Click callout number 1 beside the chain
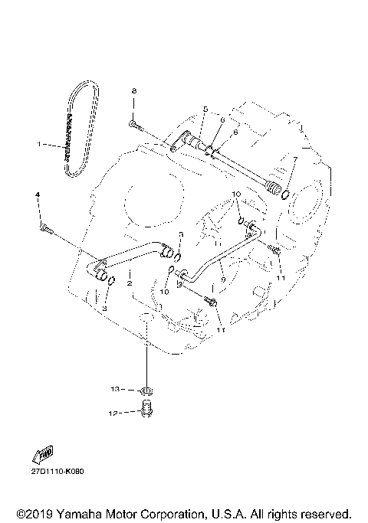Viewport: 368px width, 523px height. [x=39, y=143]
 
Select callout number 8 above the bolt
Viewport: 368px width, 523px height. [x=134, y=91]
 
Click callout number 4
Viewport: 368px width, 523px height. [x=38, y=196]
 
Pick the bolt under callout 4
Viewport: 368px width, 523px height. [x=44, y=227]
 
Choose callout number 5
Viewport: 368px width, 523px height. [x=205, y=109]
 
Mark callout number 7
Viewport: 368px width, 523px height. [x=294, y=159]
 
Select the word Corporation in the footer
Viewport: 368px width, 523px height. [x=172, y=512]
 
